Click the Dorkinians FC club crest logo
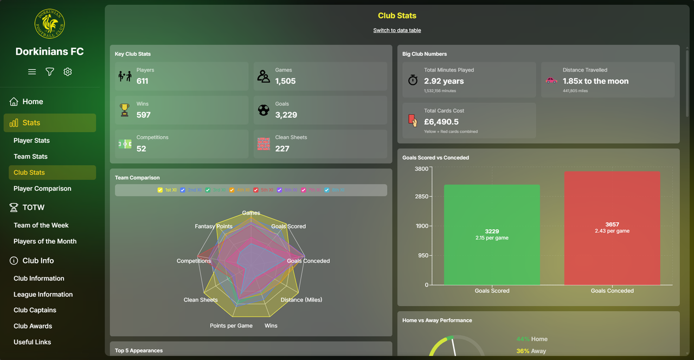(49, 23)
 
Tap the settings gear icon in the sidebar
(68, 72)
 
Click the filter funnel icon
(50, 72)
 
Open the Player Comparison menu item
(42, 189)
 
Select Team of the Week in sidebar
(41, 226)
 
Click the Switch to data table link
(397, 30)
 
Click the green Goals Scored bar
(492, 234)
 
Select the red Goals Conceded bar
(612, 228)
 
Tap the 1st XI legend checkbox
(160, 190)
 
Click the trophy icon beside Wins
(125, 110)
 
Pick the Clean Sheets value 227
(282, 149)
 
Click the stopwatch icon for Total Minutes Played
(413, 80)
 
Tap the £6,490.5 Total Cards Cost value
(441, 122)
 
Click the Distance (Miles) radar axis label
(301, 300)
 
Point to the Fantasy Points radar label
(214, 227)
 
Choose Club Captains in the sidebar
(35, 310)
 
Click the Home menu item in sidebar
(33, 102)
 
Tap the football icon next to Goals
(264, 110)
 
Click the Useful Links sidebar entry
(32, 342)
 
